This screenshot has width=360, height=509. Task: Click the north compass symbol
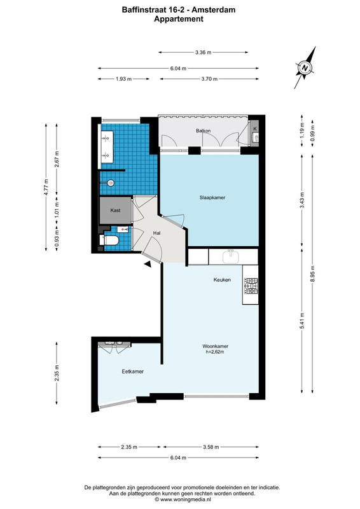(305, 68)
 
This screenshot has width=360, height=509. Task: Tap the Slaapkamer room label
(212, 197)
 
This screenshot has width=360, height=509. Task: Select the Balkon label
(203, 131)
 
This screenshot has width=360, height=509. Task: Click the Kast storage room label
(115, 211)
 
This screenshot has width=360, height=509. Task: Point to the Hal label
(157, 233)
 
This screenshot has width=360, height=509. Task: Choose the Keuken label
(222, 279)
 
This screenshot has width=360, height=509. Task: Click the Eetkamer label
(132, 372)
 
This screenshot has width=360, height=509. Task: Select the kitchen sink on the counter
(231, 256)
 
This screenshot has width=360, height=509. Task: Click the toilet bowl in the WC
(110, 241)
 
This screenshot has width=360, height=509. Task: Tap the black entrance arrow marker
(148, 264)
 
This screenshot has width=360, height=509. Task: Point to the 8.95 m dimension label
(312, 274)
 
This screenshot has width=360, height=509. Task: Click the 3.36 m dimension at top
(203, 52)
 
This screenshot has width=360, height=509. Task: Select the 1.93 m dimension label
(123, 79)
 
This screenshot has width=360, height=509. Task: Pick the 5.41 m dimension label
(302, 321)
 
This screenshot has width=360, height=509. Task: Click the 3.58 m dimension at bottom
(211, 447)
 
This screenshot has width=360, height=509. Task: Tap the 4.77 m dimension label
(46, 187)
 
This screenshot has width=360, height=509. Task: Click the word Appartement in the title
(179, 19)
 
